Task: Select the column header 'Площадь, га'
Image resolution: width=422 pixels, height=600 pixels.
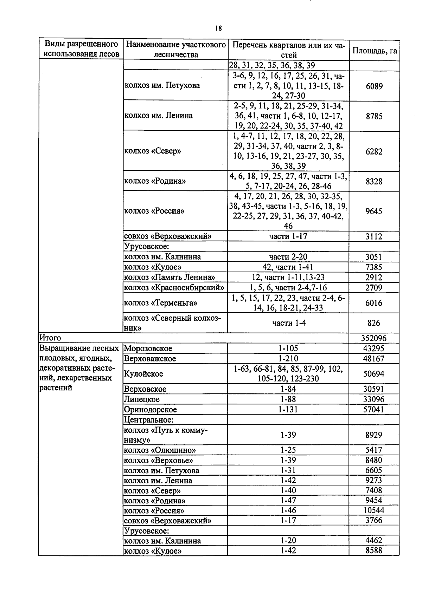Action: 375,51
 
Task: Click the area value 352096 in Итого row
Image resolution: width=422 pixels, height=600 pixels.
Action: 374,338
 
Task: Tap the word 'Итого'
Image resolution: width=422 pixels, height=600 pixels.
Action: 50,338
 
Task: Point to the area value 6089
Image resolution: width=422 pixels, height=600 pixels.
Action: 374,86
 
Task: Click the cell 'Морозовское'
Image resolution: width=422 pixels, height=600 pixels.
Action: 148,348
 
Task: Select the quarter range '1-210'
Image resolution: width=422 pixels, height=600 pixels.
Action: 288,359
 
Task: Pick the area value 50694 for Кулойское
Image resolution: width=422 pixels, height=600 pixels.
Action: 374,374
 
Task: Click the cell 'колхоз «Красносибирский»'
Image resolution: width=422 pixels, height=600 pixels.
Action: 174,288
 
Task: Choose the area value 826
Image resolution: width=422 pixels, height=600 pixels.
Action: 374,323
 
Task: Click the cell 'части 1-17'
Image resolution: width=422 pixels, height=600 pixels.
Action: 288,236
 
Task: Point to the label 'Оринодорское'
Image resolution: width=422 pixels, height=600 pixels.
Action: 150,410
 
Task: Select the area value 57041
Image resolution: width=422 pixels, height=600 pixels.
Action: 374,410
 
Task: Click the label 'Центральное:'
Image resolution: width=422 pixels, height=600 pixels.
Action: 149,420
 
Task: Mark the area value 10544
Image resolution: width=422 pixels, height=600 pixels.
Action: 374,510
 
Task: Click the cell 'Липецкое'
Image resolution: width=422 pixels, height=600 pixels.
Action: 142,399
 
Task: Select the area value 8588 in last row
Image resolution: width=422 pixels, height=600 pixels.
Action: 374,551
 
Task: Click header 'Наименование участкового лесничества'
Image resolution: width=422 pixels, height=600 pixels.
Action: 175,50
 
